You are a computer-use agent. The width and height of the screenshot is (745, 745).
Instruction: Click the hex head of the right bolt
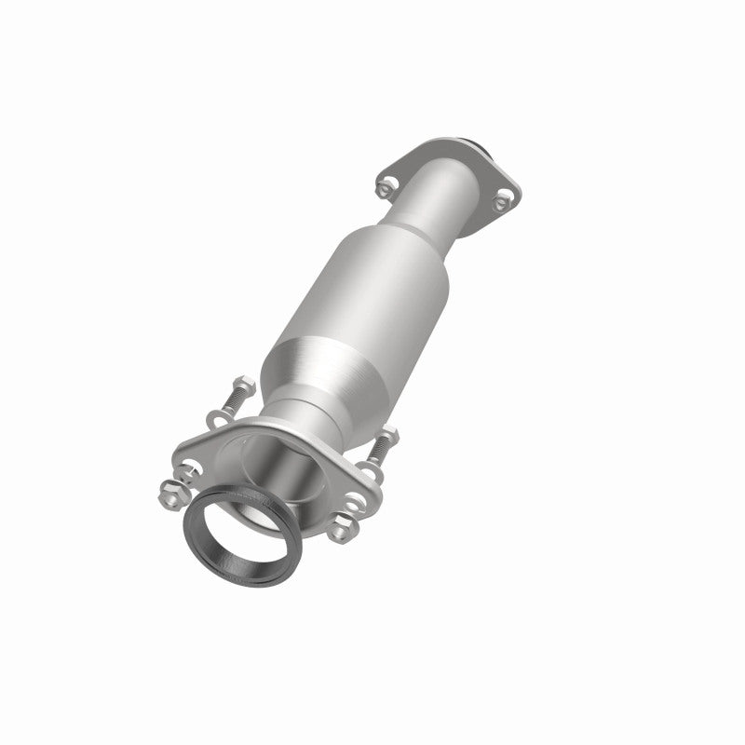point(390,433)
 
